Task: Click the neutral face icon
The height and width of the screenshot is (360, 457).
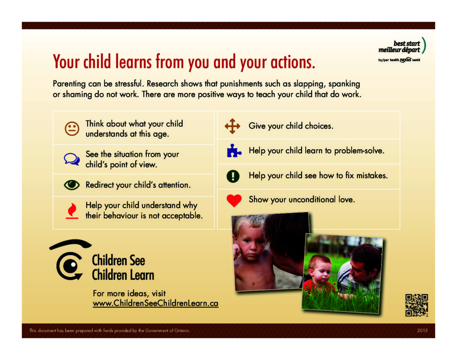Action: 72,129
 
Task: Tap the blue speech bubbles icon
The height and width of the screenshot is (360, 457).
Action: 72,159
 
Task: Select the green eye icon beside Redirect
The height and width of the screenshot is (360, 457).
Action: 72,184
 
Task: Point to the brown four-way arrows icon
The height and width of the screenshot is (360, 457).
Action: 232,126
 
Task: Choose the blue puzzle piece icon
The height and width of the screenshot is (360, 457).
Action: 234,151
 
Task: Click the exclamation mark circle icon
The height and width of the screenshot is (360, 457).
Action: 233,176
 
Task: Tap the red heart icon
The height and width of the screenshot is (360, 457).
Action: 234,201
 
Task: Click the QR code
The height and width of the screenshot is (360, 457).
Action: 416,305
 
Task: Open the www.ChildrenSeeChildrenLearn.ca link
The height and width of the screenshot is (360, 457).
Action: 155,303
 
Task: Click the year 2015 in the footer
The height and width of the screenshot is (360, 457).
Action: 422,330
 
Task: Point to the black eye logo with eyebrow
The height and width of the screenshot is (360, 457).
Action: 70,260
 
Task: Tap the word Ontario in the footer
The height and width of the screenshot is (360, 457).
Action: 182,331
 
